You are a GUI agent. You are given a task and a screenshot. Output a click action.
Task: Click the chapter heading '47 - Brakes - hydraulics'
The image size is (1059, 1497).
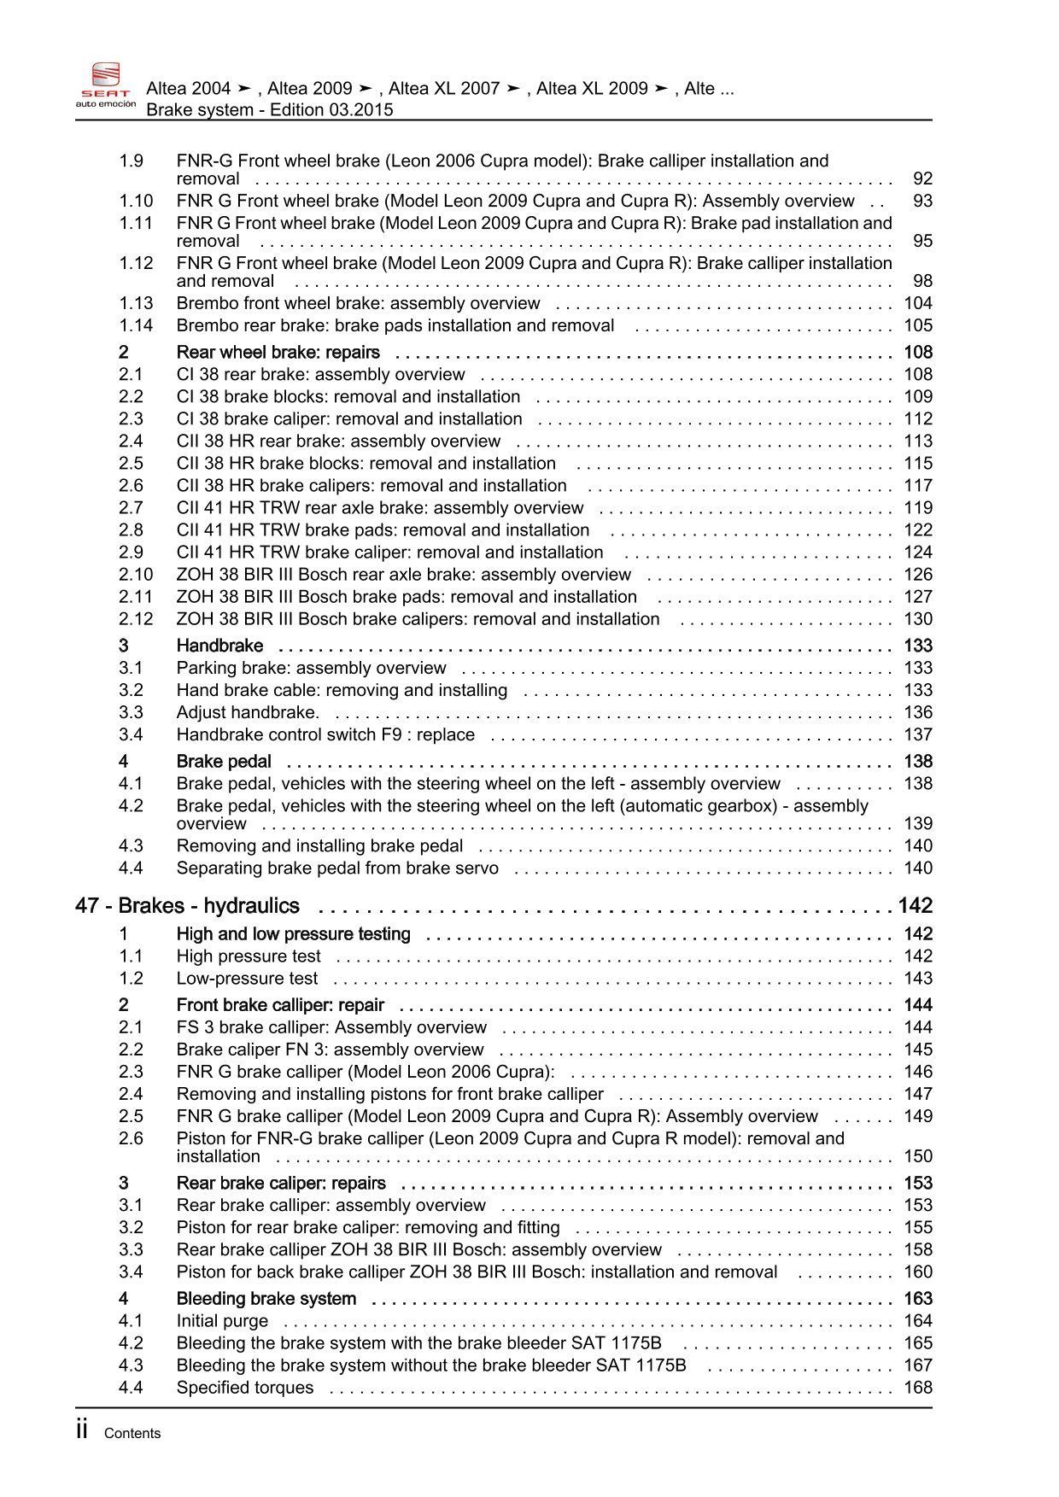pos(187,906)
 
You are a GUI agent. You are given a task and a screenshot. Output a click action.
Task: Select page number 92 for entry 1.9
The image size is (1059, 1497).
pos(922,178)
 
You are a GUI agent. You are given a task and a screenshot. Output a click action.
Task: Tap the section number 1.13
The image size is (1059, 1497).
pos(136,303)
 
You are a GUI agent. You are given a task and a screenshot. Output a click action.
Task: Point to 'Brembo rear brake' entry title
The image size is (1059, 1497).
pos(395,325)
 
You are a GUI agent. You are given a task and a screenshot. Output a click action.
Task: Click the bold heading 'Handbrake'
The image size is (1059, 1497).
pos(219,646)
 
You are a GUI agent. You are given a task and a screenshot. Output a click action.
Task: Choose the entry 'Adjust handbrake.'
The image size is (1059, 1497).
pos(248,712)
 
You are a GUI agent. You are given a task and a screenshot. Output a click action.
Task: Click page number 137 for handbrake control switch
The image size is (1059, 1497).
pos(918,734)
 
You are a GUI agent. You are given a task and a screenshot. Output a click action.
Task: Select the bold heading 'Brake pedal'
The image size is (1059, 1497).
pos(224,761)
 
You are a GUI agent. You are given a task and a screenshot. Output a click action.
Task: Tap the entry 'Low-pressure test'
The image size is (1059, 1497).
pos(247,979)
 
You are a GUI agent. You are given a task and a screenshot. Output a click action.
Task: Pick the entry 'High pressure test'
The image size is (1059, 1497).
pos(249,956)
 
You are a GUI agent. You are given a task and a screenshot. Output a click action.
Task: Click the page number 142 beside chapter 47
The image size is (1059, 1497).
pos(915,906)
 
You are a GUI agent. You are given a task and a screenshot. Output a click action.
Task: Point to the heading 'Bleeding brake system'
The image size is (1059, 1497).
pos(266,1299)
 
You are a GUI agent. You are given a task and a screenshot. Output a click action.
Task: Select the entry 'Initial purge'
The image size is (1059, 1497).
pos(222,1321)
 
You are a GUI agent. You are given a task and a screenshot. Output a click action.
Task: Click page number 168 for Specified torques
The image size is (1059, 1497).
pos(918,1388)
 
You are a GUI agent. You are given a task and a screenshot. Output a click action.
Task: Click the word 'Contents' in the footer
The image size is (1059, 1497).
pos(132,1434)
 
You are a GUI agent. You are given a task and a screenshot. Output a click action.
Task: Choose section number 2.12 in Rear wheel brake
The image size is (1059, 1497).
pos(136,619)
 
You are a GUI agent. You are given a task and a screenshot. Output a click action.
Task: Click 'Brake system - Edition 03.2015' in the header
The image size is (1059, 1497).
pos(270,110)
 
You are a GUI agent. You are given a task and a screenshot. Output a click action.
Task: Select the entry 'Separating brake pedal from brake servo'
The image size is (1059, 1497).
pos(337,868)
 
